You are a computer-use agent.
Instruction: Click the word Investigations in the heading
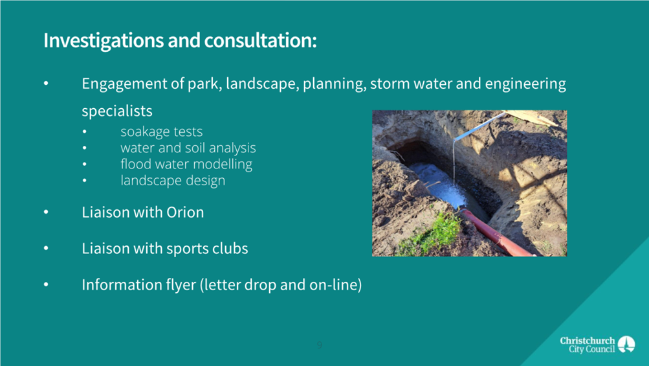click(x=104, y=41)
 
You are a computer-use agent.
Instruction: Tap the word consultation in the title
click(x=259, y=40)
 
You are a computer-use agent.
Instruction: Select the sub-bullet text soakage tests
click(x=161, y=132)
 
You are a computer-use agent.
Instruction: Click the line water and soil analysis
click(x=188, y=148)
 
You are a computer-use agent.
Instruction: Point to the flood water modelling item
click(x=186, y=164)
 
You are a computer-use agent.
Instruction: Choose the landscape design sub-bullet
click(x=173, y=180)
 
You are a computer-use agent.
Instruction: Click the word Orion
click(x=185, y=212)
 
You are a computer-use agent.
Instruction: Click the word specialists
click(x=117, y=111)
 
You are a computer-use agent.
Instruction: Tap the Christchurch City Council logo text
click(x=588, y=345)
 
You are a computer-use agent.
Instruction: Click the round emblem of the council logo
click(x=626, y=344)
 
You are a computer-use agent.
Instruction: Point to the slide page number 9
click(x=319, y=345)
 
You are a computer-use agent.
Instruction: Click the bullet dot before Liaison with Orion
click(x=46, y=212)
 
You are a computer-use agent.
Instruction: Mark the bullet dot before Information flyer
click(x=46, y=285)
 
